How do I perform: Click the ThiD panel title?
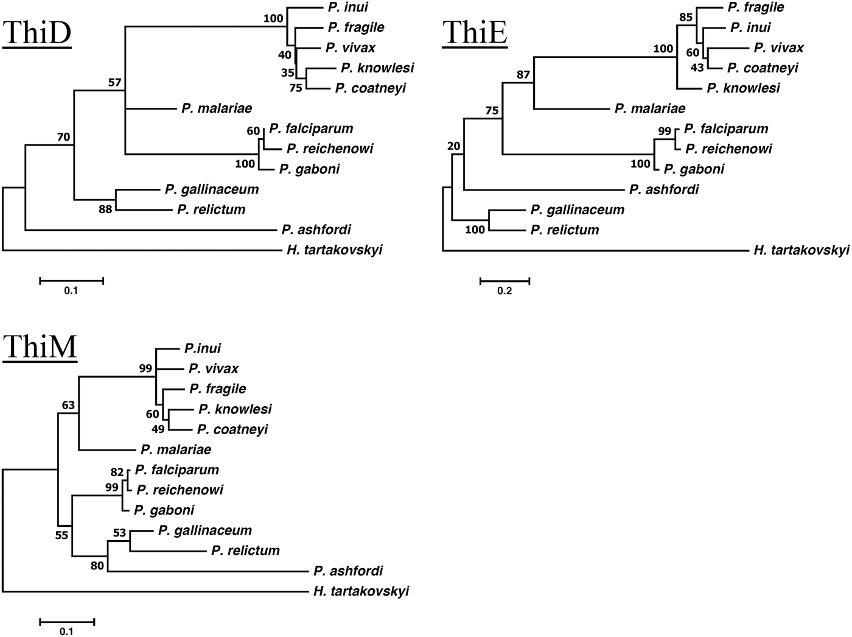pyautogui.click(x=37, y=33)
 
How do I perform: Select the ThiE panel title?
pyautogui.click(x=475, y=33)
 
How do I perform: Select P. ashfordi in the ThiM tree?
pyautogui.click(x=348, y=571)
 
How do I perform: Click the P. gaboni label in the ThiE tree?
pyautogui.click(x=694, y=169)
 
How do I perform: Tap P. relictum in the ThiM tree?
pyautogui.click(x=245, y=551)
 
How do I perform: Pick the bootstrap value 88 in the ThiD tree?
pyautogui.click(x=105, y=210)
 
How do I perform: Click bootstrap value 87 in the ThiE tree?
pyautogui.click(x=523, y=75)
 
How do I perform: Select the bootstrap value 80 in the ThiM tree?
pyautogui.click(x=97, y=566)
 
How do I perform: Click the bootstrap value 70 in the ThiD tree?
pyautogui.click(x=64, y=137)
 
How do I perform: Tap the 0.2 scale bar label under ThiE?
pyautogui.click(x=505, y=291)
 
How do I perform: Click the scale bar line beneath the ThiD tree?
pyautogui.click(x=71, y=281)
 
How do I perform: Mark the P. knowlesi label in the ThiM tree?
pyautogui.click(x=235, y=409)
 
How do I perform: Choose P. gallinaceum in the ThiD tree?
pyautogui.click(x=211, y=189)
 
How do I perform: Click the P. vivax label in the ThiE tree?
pyautogui.click(x=778, y=48)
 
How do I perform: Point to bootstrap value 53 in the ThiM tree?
pyautogui.click(x=119, y=533)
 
